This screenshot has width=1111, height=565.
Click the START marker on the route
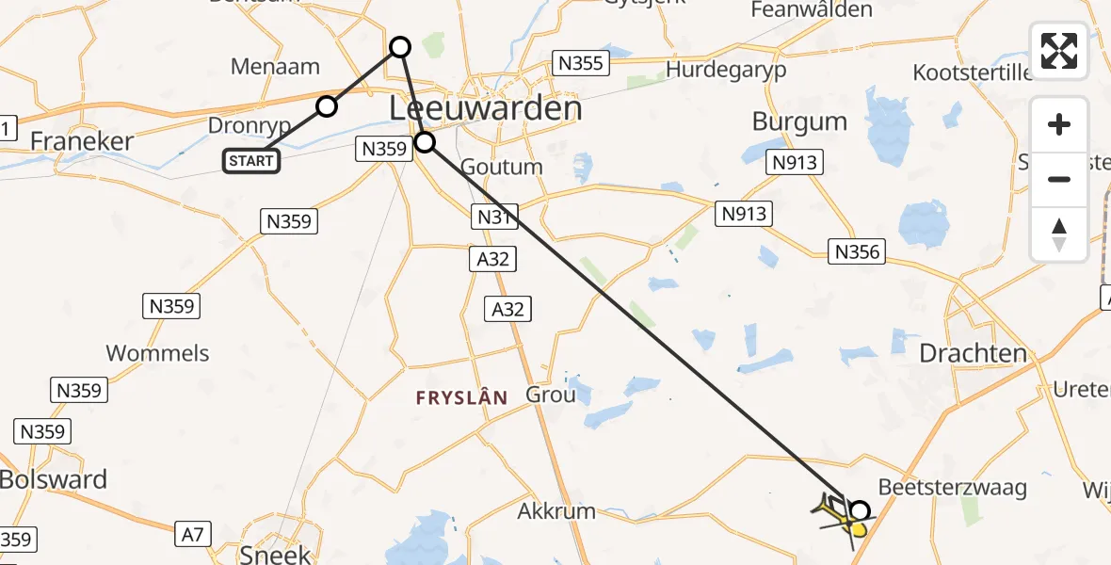[x=250, y=161]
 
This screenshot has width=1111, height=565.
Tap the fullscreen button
[x=1059, y=51]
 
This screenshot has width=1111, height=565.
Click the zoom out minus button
[x=1059, y=179]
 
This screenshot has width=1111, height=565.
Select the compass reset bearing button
[x=1059, y=234]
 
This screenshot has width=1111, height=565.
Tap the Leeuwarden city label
[x=485, y=109]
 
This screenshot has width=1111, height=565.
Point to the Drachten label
[x=974, y=354]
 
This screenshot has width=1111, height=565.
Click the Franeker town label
[x=82, y=141]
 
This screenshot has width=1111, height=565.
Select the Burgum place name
[x=799, y=122]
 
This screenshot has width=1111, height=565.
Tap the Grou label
[x=550, y=395]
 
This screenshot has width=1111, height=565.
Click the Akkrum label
[x=556, y=512]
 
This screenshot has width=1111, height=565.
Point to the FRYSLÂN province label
[x=461, y=398]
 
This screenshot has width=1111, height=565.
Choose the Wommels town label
[x=157, y=354]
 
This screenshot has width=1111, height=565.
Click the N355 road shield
[x=582, y=64]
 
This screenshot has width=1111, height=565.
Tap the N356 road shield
[x=857, y=251]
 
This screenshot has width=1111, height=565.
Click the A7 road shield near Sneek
[x=192, y=535]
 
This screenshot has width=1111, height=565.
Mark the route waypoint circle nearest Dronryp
[x=326, y=106]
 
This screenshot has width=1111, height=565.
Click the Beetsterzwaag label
[x=952, y=488]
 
